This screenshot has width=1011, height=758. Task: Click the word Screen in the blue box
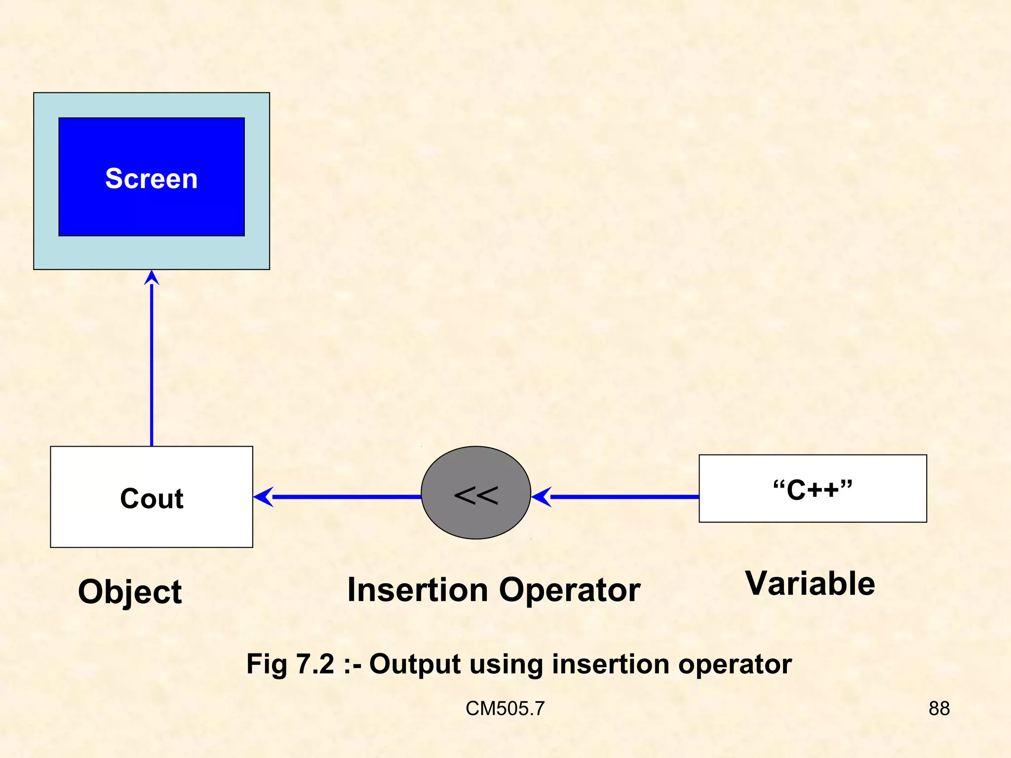(151, 179)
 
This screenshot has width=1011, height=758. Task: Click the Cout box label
(152, 498)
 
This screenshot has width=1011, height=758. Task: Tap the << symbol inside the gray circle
(476, 495)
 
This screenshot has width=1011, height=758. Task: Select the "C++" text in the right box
(813, 490)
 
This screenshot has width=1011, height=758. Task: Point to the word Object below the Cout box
(130, 592)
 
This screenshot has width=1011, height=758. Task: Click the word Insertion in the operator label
(418, 590)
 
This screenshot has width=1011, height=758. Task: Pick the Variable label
(810, 584)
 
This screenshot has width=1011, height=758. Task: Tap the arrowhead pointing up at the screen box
(152, 278)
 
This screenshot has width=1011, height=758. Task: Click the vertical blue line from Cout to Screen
(152, 365)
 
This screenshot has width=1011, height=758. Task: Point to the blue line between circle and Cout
(346, 497)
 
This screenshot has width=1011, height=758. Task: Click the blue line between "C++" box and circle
(624, 497)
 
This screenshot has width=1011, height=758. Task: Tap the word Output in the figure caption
(415, 664)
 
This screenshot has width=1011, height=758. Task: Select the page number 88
(939, 709)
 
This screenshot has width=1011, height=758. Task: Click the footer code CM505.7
(505, 709)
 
